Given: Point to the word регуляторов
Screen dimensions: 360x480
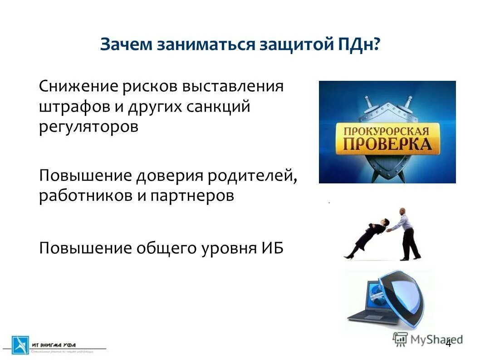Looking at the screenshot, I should point(88,127).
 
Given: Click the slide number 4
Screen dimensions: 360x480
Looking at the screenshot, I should point(448,343).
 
